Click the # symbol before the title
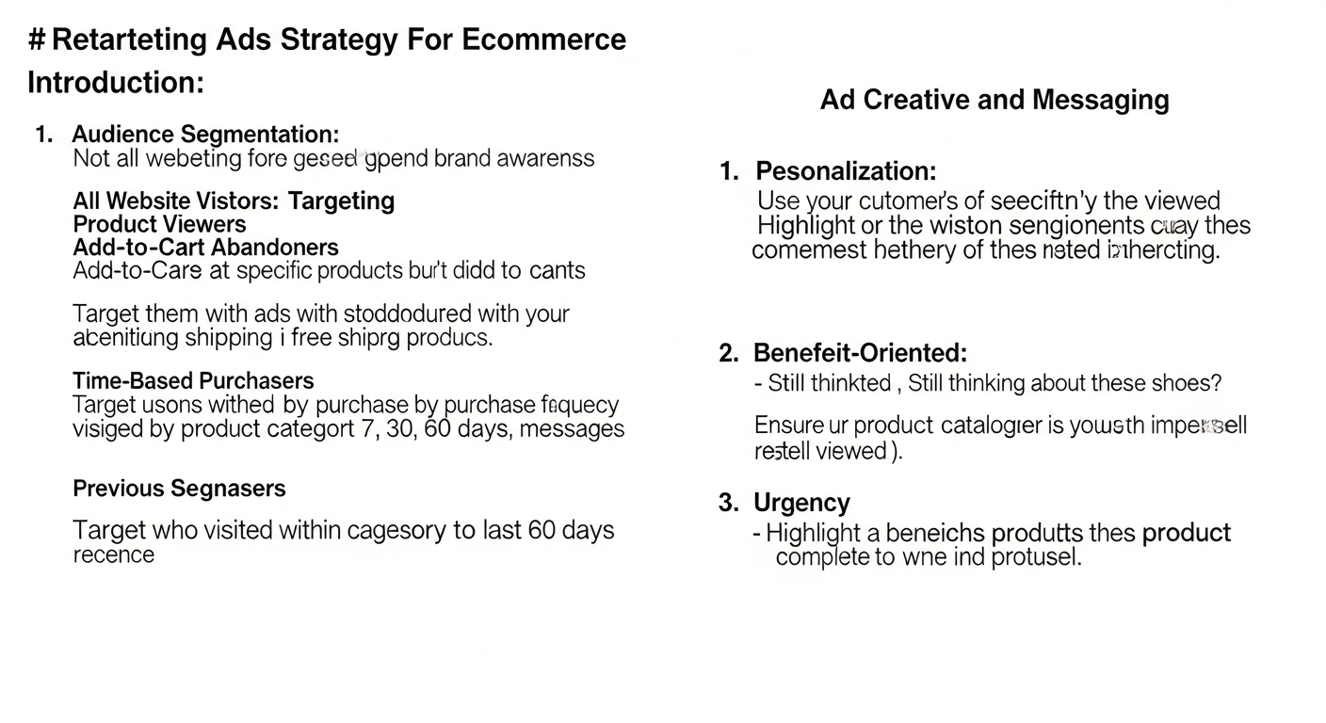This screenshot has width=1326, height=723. tap(37, 40)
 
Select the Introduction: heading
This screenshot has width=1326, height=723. tap(116, 83)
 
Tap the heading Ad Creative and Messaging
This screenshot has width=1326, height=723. tap(994, 100)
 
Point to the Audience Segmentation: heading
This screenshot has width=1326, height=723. tap(205, 135)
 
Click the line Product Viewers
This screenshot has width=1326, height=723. tap(159, 224)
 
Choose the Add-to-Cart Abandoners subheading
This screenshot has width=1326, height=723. tap(205, 248)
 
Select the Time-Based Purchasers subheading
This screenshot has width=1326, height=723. tap(193, 381)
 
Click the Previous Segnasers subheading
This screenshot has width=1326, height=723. tap(179, 489)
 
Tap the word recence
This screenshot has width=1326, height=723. tap(113, 554)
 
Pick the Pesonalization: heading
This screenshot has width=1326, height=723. tap(846, 171)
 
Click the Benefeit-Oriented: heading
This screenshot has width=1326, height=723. tap(860, 353)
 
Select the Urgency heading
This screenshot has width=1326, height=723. tap(801, 503)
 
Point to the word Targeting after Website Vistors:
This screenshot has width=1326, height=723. tap(341, 201)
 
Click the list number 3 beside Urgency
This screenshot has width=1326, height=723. tap(728, 503)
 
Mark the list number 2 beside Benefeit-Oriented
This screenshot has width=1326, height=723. tap(728, 353)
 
